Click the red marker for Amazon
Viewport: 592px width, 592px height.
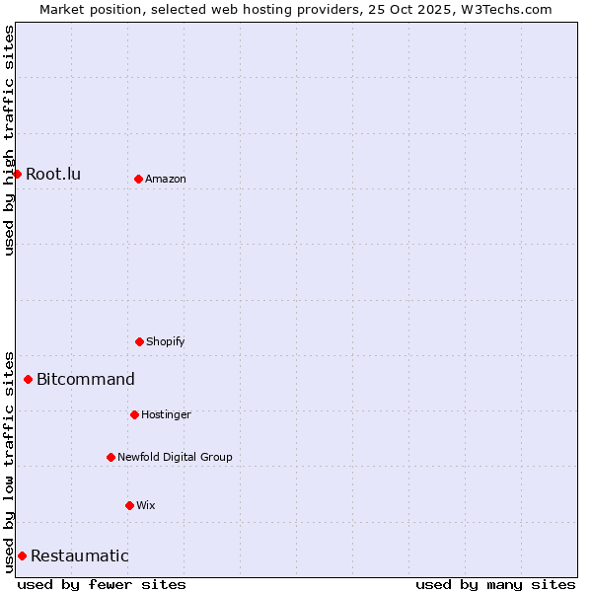coord(138,179)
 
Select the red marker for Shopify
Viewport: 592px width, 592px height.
coord(139,341)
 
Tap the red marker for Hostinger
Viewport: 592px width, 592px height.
coord(134,414)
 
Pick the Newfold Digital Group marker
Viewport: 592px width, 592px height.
coord(111,457)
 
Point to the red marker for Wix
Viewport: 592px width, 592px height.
coord(129,505)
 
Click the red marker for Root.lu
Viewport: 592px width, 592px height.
coord(17,174)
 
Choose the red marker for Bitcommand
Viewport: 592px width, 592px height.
coord(28,379)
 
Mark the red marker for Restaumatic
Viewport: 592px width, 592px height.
coord(22,555)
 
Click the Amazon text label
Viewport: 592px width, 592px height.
coord(166,179)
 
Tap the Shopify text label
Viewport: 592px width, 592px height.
coord(166,341)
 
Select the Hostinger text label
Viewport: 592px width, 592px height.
coord(166,414)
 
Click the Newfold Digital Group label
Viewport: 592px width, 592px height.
coord(175,457)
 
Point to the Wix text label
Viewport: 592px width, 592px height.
coord(146,505)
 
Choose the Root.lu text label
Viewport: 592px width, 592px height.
coord(53,174)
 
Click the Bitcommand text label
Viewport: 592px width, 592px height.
coord(86,379)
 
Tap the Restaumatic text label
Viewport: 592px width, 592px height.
coord(80,555)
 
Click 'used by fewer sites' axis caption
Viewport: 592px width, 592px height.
coord(102,584)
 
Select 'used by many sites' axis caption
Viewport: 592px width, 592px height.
coord(495,584)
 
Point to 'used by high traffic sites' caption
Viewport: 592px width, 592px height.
coord(9,140)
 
